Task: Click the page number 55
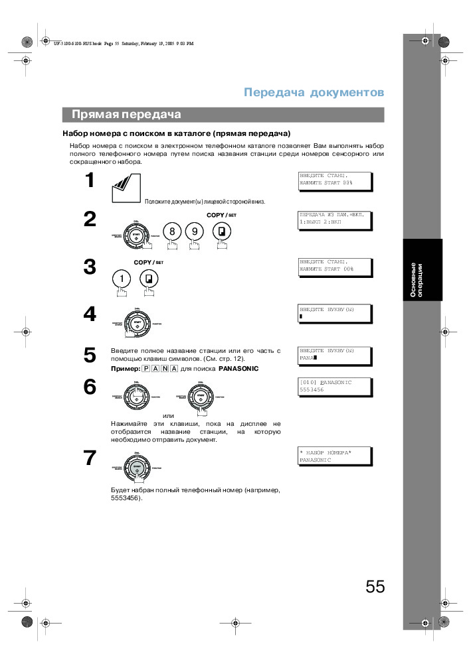pyautogui.click(x=375, y=586)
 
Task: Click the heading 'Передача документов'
pyautogui.click(x=314, y=92)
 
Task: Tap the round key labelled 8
pyautogui.click(x=173, y=232)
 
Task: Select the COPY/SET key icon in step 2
pyautogui.click(x=221, y=232)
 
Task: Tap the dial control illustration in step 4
pyautogui.click(x=136, y=323)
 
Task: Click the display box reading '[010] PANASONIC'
pyautogui.click(x=335, y=387)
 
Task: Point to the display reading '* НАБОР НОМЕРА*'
pyautogui.click(x=335, y=456)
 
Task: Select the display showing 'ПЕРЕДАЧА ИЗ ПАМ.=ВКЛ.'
pyautogui.click(x=335, y=220)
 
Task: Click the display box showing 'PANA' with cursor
pyautogui.click(x=335, y=354)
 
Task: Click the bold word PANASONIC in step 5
pyautogui.click(x=238, y=368)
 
